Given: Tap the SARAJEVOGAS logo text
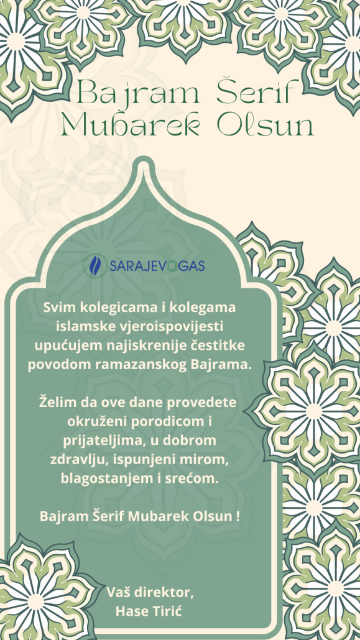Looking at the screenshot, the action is point(157,267).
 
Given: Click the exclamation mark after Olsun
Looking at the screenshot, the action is point(238,516).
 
